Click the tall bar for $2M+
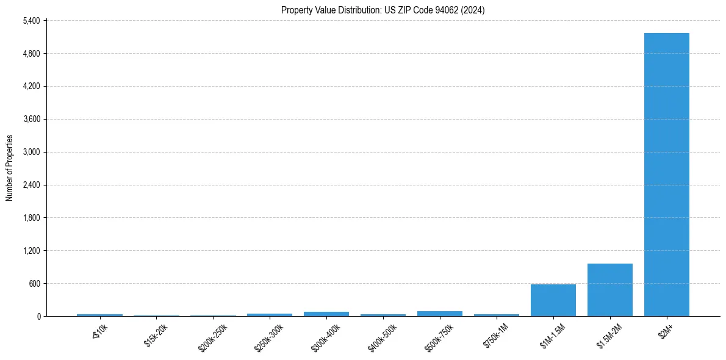point(666,175)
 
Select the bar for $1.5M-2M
point(609,290)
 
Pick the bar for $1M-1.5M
point(553,300)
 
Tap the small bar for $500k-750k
point(439,314)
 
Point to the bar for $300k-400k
point(326,314)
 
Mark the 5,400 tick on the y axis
point(31,21)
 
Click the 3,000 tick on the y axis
point(31,152)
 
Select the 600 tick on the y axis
point(33,284)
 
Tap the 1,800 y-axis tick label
point(31,218)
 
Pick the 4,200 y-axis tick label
point(31,87)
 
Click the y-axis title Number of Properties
point(9,168)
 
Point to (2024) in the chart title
point(474,10)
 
